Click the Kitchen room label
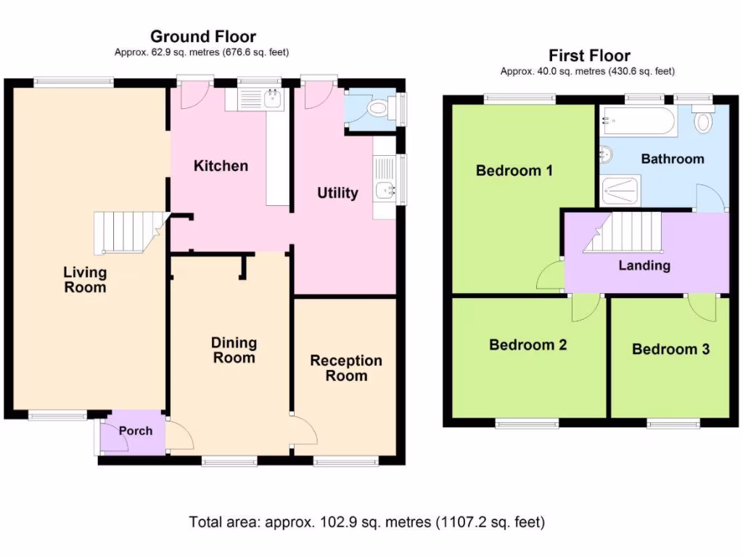click(221, 166)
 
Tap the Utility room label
click(337, 193)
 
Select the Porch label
click(136, 431)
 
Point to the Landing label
click(644, 265)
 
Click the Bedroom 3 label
click(670, 349)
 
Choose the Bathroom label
click(673, 159)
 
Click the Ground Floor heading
click(203, 36)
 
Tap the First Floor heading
click(589, 55)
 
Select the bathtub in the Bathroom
click(639, 121)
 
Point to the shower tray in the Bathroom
click(620, 191)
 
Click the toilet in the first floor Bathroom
click(703, 119)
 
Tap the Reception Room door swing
click(304, 429)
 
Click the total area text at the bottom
click(366, 522)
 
